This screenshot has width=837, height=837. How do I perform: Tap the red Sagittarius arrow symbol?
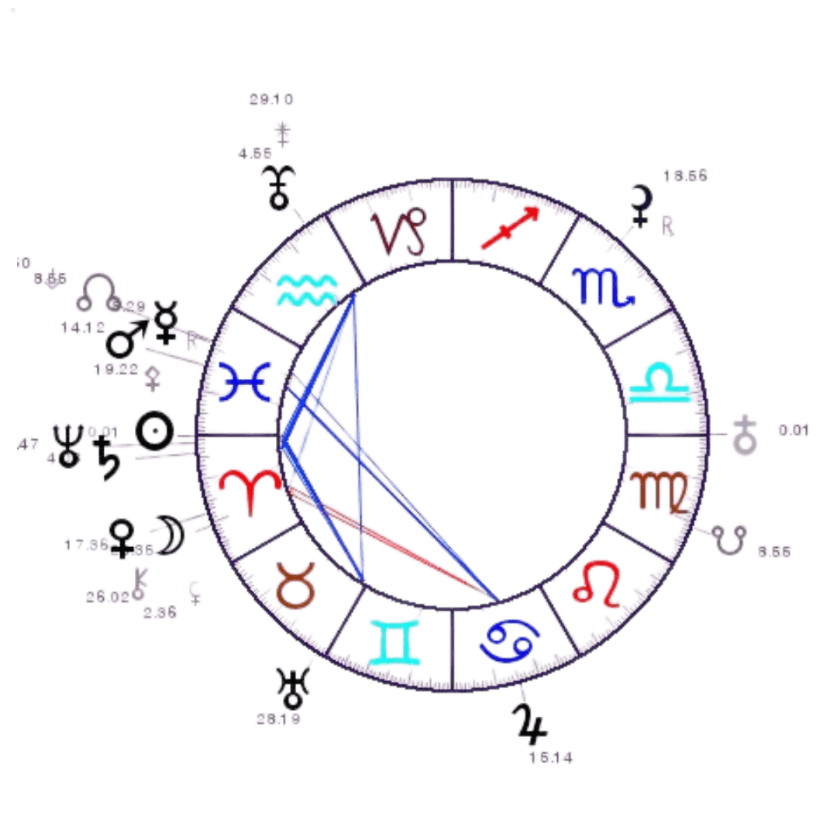508,227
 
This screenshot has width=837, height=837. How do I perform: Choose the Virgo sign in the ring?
658,491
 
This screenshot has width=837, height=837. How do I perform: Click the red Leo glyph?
598,583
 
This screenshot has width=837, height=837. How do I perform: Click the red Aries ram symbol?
244,491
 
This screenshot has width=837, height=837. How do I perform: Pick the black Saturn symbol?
108,458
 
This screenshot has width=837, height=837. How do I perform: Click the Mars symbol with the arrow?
126,338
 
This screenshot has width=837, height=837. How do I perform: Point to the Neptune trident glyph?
67,446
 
